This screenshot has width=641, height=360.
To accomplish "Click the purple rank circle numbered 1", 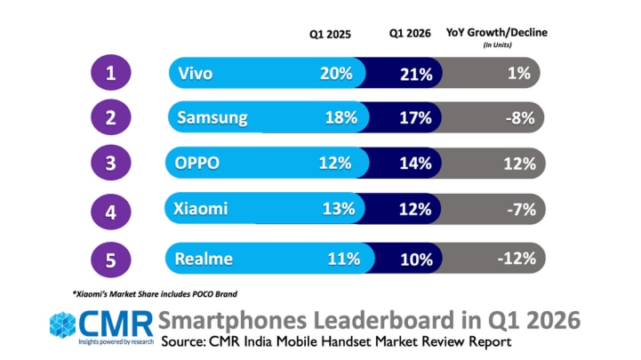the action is click(x=111, y=72).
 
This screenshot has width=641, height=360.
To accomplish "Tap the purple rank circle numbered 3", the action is click(x=111, y=163).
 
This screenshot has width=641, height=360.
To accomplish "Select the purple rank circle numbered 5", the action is click(x=111, y=260).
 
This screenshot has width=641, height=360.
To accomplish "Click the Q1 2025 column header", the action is click(x=330, y=34).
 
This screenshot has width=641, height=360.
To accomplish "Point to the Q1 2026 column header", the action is click(x=410, y=33).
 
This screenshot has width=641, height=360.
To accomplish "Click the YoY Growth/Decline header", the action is click(x=497, y=33).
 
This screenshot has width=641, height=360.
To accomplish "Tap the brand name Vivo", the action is click(x=196, y=74).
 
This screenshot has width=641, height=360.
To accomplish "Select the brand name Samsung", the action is click(x=212, y=118).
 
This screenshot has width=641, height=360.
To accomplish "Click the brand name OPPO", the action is click(x=197, y=163).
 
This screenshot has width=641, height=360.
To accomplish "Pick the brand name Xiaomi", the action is click(x=200, y=209).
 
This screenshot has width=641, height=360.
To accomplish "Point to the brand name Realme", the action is click(x=204, y=259).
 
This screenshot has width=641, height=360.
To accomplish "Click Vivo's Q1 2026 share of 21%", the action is click(x=416, y=75).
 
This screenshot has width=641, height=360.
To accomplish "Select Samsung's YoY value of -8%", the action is click(x=520, y=118).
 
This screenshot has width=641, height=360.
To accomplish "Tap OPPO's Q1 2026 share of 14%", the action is click(x=415, y=164).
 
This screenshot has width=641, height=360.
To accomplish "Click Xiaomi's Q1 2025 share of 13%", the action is click(x=339, y=209).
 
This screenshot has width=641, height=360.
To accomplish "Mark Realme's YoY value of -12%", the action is click(x=517, y=259).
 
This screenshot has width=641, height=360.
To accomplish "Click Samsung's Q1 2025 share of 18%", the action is click(x=341, y=118).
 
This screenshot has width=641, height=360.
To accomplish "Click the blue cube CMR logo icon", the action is click(x=62, y=325).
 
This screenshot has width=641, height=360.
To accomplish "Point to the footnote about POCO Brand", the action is click(x=155, y=294).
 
